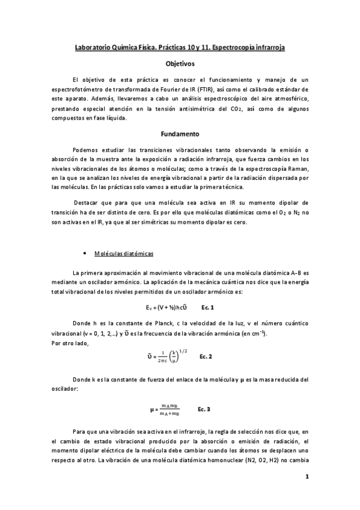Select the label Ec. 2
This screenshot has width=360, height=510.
(205, 356)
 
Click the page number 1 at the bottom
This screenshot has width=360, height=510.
(307, 478)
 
